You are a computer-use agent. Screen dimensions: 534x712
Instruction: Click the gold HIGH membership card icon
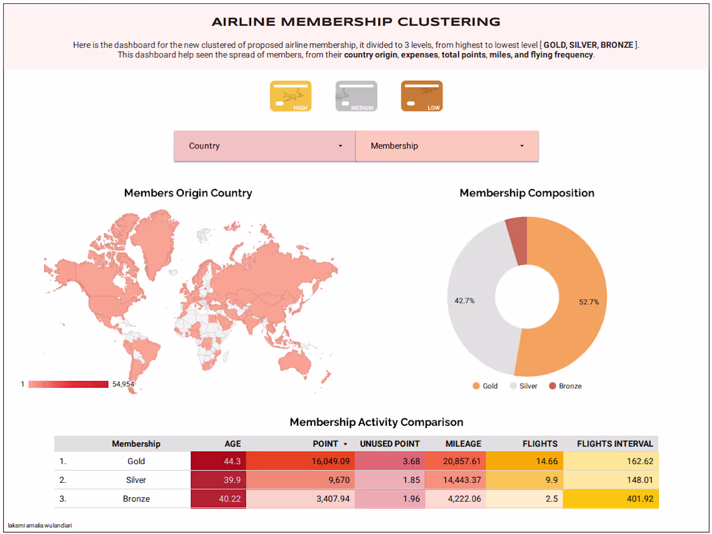click(291, 96)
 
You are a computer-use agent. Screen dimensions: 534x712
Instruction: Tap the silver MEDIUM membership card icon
click(356, 96)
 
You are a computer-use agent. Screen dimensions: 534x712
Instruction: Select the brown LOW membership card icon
click(422, 96)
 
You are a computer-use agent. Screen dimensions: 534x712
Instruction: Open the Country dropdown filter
click(265, 146)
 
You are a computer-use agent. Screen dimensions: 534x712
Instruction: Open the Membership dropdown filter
click(447, 146)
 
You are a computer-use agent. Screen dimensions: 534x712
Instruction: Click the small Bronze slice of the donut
click(517, 241)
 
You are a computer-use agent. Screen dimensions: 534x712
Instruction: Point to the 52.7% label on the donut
click(588, 302)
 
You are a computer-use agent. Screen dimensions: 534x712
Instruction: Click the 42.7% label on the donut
click(465, 300)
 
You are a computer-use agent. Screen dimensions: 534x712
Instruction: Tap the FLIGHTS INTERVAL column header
click(615, 444)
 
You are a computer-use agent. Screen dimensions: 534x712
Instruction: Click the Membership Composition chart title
click(527, 193)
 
